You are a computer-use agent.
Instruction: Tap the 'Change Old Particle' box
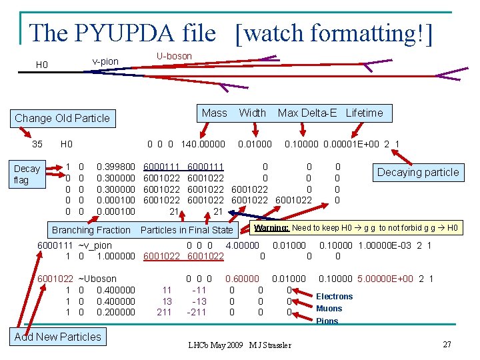(x=62, y=118)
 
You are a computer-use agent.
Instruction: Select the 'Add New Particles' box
(x=57, y=337)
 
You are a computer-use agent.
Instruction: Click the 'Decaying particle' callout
(x=418, y=172)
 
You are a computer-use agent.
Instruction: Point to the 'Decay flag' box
(x=27, y=174)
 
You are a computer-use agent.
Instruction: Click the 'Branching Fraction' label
(x=91, y=230)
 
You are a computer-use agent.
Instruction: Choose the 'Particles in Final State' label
(x=187, y=230)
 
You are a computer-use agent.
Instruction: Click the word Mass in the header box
(x=214, y=113)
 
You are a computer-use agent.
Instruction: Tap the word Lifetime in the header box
(x=364, y=113)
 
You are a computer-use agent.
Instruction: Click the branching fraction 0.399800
(x=116, y=166)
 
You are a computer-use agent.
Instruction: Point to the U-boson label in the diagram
(x=174, y=56)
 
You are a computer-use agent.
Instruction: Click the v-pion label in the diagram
(x=105, y=61)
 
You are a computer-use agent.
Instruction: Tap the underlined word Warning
(x=271, y=227)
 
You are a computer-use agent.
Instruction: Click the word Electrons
(x=334, y=296)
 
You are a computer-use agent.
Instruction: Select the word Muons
(x=329, y=309)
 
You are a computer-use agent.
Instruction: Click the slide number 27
(x=447, y=344)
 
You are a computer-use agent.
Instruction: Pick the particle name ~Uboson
(x=97, y=279)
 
